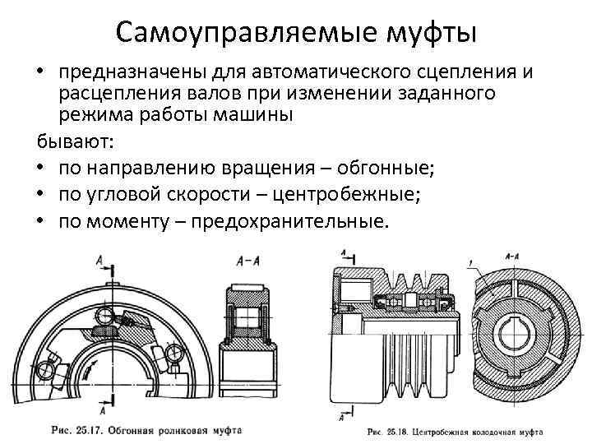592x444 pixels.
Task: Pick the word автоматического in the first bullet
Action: coord(316,72)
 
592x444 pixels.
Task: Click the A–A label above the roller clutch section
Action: coord(249,260)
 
